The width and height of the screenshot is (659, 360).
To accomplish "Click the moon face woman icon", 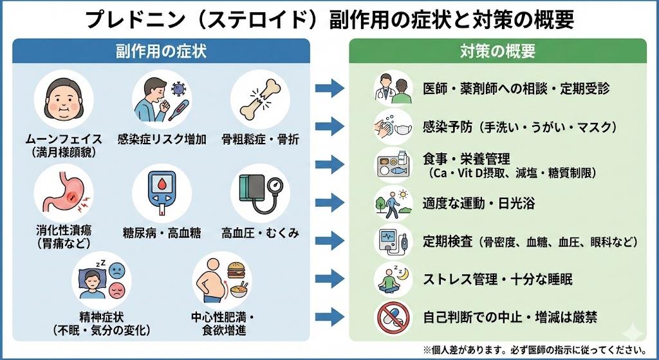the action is point(64,100).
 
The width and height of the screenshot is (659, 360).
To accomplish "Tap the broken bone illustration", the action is point(260,100).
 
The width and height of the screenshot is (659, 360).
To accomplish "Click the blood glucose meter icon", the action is point(162,193).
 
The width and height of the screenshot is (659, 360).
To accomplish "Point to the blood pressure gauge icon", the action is point(261,193).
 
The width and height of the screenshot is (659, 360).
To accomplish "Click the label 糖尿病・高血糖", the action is point(162,233).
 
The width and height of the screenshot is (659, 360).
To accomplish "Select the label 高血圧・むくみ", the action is point(260,232).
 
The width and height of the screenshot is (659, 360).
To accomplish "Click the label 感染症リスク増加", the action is point(162,139).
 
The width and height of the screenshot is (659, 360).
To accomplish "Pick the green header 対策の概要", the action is point(497,52).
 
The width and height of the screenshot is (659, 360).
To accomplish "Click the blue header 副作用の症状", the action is point(161,52).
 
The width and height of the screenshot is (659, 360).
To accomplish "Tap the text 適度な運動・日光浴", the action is point(479,204).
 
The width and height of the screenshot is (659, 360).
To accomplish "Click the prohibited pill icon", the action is point(393,317).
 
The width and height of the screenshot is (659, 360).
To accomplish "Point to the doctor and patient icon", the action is point(393,88).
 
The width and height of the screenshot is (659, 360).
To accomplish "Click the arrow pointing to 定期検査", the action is point(330,241).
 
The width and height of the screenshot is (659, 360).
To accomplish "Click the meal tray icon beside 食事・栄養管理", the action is point(393,165).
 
